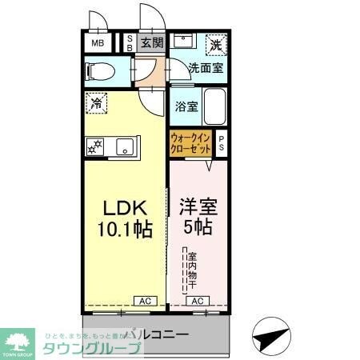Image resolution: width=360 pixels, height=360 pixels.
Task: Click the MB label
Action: [x=98, y=43]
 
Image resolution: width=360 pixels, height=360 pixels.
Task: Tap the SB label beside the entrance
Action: [x=130, y=43]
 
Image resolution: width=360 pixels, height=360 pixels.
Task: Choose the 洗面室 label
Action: [x=206, y=69]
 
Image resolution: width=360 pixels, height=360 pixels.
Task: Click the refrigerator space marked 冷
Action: [x=96, y=103]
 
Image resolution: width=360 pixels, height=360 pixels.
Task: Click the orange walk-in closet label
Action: [x=190, y=144]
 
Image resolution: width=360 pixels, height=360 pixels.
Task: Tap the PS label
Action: [x=222, y=143]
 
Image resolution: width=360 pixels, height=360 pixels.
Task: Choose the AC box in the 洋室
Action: [x=198, y=301]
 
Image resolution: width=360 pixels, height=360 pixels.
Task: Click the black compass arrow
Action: [x=270, y=332]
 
